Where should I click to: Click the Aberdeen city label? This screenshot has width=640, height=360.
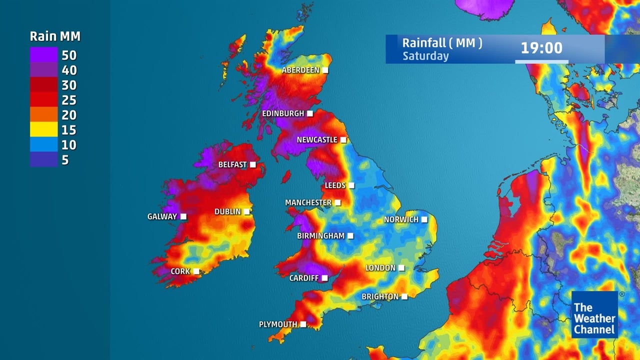[x=300, y=70]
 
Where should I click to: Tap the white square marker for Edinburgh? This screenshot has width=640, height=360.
[x=310, y=113]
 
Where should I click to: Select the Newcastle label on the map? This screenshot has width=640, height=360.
[x=317, y=140]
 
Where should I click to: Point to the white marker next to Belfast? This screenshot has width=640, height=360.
[x=253, y=164]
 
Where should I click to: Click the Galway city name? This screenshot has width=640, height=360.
[x=162, y=216]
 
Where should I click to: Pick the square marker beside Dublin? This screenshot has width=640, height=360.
[x=246, y=212]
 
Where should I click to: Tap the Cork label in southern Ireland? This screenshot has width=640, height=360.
[x=180, y=271]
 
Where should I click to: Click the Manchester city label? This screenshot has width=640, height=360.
[x=308, y=202]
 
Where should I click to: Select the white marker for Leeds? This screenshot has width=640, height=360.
[x=351, y=185]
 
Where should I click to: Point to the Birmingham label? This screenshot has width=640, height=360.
[x=320, y=235]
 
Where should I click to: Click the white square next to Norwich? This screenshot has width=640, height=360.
[x=424, y=219]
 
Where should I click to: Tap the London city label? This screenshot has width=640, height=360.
[x=380, y=268]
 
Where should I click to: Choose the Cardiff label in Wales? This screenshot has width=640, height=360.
[x=303, y=278]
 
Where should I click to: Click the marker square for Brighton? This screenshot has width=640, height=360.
[x=404, y=296]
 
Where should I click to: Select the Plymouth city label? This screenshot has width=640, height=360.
[x=278, y=324]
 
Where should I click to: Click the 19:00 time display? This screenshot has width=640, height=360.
[x=541, y=48]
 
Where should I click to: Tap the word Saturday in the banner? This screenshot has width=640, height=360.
[x=425, y=56]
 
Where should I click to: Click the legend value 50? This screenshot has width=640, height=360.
[x=69, y=55]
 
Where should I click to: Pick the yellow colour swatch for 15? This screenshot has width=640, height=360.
[x=43, y=130]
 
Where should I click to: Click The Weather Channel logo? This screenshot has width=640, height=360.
[x=594, y=314]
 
